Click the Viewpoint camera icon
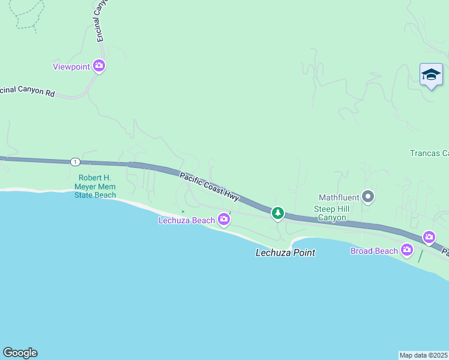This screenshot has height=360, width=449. click(99, 66)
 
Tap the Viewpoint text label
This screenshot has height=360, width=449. click(71, 67)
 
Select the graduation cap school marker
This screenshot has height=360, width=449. click(431, 75)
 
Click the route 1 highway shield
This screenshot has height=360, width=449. click(74, 162)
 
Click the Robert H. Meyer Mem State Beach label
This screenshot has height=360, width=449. click(96, 187)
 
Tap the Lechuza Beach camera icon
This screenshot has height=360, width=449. click(224, 220)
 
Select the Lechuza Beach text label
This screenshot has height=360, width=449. click(187, 220)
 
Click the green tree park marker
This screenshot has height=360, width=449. click(277, 213)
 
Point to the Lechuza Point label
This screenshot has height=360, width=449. click(285, 253)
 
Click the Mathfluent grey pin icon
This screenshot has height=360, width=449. click(369, 196)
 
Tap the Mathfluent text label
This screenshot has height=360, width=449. click(339, 197)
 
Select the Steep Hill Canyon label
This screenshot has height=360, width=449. click(330, 213)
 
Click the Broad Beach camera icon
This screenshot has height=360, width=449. click(407, 250)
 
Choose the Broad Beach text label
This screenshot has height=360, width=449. click(374, 251)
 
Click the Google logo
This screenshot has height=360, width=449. click(20, 353)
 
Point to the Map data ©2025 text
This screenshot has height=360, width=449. click(424, 355)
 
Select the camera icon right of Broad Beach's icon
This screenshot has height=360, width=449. click(429, 237)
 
